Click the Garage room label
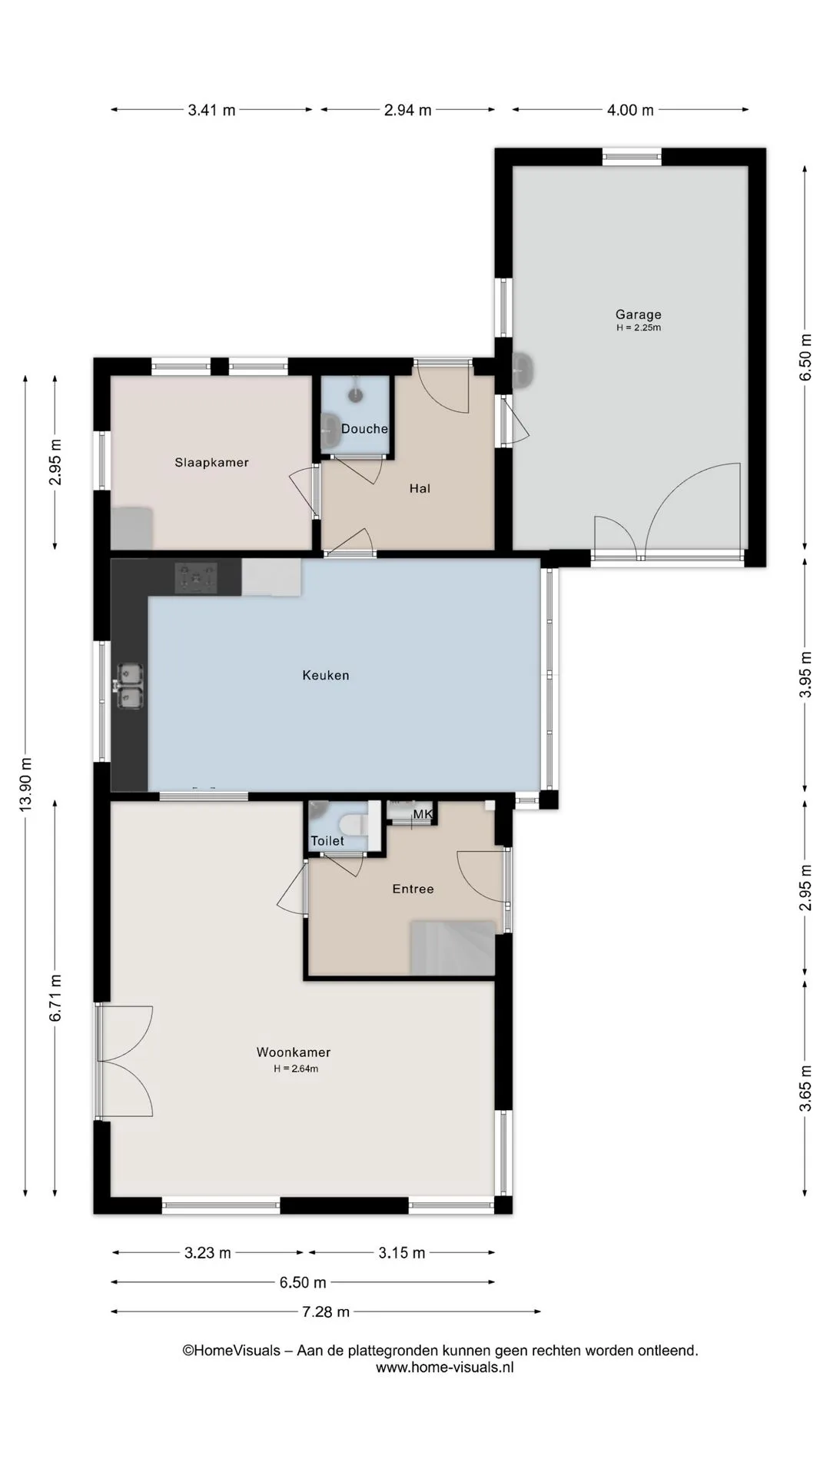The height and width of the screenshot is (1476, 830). (x=638, y=314)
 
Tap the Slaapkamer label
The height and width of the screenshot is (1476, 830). (x=211, y=463)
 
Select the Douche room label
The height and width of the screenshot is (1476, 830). (x=364, y=429)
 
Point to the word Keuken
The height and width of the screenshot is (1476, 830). (x=326, y=676)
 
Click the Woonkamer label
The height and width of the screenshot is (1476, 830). (x=294, y=1052)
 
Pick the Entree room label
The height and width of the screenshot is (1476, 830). (x=413, y=889)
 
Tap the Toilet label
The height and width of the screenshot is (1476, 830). (x=327, y=841)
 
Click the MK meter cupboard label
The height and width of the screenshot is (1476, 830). (x=423, y=814)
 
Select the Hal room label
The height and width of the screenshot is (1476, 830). (x=420, y=488)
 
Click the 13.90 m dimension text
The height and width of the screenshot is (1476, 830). (x=26, y=784)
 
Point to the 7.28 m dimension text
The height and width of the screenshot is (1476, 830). (x=326, y=1311)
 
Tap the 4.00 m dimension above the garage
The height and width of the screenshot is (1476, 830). (x=630, y=110)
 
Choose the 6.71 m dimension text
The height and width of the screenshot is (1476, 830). (x=55, y=998)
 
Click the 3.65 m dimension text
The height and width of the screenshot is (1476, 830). (x=805, y=1089)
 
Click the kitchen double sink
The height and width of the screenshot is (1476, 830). (x=130, y=686)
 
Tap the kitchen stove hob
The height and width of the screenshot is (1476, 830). (x=196, y=578)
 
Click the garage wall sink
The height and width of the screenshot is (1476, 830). (x=523, y=371)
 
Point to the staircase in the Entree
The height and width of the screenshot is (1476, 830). (x=452, y=947)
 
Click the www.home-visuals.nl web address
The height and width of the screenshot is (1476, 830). (x=444, y=1368)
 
